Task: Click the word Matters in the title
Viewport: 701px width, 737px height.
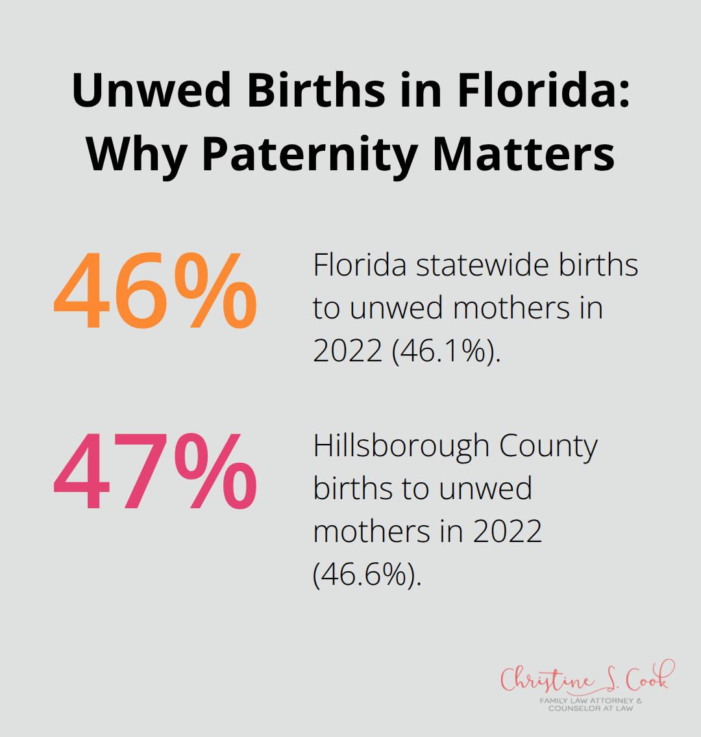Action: click(x=523, y=154)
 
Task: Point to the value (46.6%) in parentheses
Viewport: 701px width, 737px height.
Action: click(x=367, y=575)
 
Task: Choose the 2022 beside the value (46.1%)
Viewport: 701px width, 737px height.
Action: click(x=348, y=351)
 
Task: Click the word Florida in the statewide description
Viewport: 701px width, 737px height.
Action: click(x=360, y=265)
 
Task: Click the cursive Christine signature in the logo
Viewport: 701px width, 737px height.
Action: click(x=547, y=680)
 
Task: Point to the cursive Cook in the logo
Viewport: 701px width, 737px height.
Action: click(x=646, y=678)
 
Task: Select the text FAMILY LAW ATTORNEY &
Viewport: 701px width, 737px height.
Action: click(x=590, y=701)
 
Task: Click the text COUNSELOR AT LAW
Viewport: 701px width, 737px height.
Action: click(x=590, y=708)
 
